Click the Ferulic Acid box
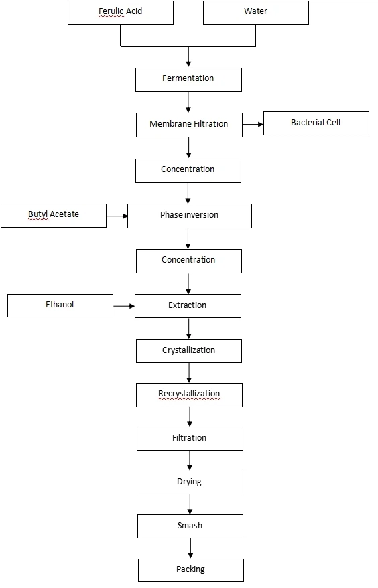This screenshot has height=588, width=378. (121, 12)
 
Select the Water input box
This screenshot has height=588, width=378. (256, 12)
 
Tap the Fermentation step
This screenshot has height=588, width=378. (188, 79)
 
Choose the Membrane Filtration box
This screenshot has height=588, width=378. (189, 125)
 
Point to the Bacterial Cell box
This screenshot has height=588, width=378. (316, 123)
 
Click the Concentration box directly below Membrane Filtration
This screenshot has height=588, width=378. (188, 170)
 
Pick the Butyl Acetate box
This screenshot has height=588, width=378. (54, 215)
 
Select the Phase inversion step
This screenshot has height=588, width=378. (190, 216)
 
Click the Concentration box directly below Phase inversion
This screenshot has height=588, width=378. (188, 261)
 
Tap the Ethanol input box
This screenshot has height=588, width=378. (60, 305)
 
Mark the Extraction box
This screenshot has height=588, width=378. (188, 306)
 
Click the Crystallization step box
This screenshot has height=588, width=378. (189, 351)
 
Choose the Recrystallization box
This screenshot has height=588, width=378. (189, 394)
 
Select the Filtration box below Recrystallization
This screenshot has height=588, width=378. (190, 439)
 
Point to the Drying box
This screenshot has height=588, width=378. (190, 482)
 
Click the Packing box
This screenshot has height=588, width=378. (191, 570)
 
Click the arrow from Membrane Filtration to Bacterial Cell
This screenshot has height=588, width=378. (253, 124)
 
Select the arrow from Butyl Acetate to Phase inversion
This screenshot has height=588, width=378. (117, 216)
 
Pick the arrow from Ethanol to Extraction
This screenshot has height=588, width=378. (124, 306)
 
